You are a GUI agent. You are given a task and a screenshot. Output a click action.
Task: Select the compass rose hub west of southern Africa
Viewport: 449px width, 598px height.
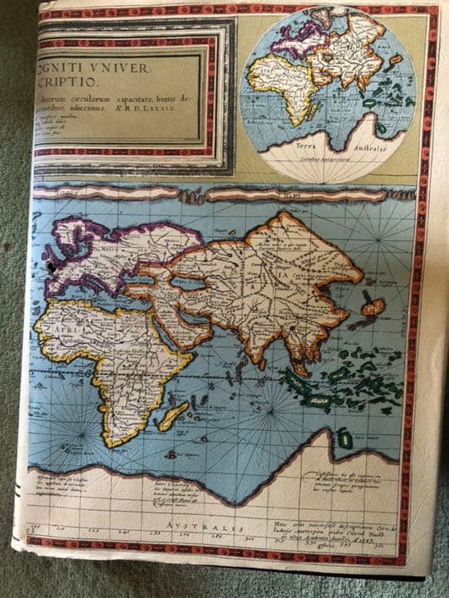pos(66,415)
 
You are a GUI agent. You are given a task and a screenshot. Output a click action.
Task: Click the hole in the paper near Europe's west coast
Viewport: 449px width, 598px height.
pos(52,268)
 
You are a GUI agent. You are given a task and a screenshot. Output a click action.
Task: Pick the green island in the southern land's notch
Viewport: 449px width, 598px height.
pos(343,438)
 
